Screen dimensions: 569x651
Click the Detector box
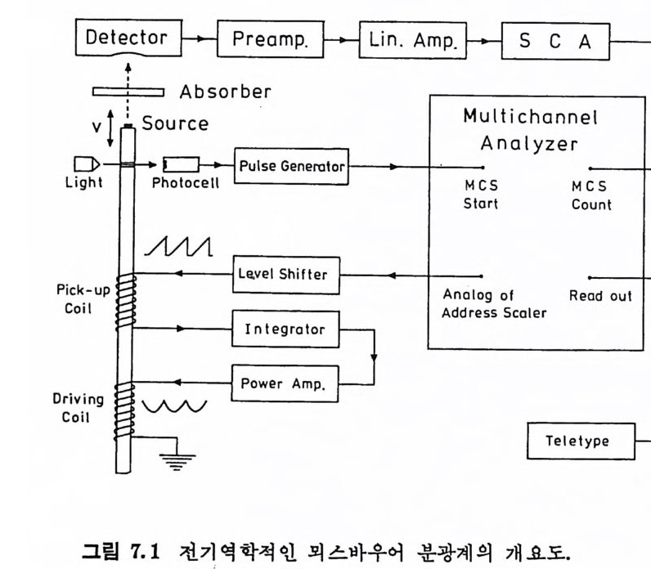pos(127,38)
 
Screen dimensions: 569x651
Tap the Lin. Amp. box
pos(406,40)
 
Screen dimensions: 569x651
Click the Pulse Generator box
pos(292,167)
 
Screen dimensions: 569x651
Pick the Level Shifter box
pos(281,275)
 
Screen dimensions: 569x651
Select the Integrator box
pos(285,329)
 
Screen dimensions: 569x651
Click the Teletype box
pos(577,441)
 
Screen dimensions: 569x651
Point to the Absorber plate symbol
pos(129,91)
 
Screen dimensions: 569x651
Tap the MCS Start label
pos(480,195)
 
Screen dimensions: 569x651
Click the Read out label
pos(600,296)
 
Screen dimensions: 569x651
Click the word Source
pos(175,124)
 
